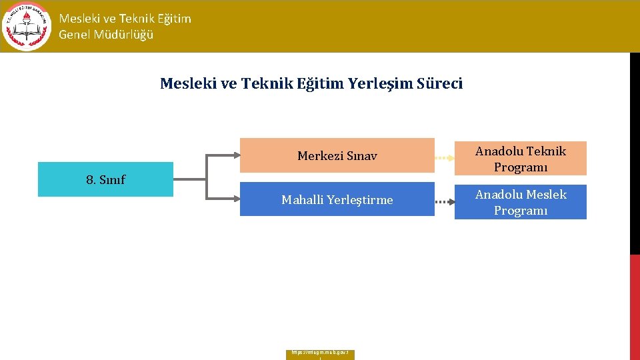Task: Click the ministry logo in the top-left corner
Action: pos(26,26)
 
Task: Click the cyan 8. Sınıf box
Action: pos(105,179)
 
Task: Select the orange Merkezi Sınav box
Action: pos(337,155)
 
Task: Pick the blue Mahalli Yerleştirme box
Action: pos(337,199)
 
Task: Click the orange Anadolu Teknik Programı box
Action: pos(520,159)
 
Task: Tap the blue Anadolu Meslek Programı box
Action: pos(520,202)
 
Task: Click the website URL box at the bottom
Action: pos(320,354)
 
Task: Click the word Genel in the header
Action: pos(73,35)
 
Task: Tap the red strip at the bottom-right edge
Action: pos(635,307)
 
